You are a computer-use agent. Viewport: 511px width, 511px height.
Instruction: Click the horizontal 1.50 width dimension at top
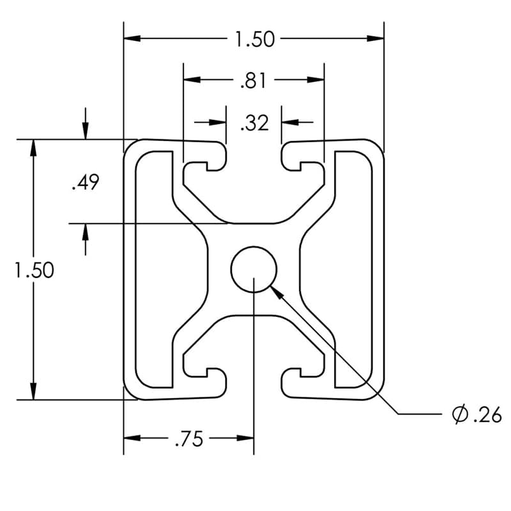tap(254, 40)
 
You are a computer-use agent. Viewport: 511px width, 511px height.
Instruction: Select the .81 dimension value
tap(254, 80)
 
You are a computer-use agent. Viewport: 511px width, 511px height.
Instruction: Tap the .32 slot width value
tap(254, 123)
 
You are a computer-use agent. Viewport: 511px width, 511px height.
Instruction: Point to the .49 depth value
tap(85, 184)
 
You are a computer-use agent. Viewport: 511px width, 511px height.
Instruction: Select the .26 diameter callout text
tap(485, 415)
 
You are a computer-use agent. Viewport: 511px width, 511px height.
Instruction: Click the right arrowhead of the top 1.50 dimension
tap(377, 39)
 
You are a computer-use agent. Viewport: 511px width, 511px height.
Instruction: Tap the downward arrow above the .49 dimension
tap(86, 131)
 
